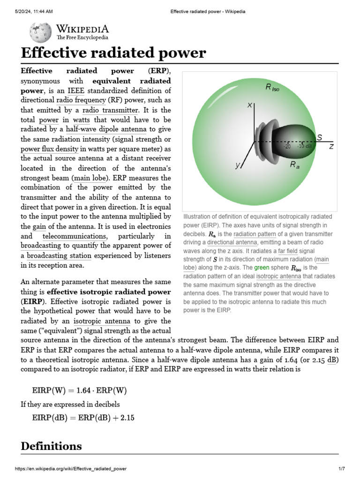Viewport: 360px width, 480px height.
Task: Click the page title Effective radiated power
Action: (x=113, y=53)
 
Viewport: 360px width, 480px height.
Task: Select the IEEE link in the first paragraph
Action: (x=76, y=90)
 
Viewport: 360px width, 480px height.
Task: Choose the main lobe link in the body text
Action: (x=88, y=178)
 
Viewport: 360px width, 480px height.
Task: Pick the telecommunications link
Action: (x=75, y=236)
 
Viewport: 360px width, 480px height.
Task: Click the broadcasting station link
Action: (x=60, y=256)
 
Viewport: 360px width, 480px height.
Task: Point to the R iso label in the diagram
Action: (x=272, y=88)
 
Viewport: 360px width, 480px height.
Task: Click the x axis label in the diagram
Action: (x=250, y=105)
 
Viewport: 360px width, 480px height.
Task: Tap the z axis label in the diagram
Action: (x=331, y=146)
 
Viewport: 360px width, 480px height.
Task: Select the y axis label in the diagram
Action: (x=238, y=165)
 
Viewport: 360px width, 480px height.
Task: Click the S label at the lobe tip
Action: (x=319, y=137)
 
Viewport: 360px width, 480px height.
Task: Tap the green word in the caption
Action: (x=262, y=268)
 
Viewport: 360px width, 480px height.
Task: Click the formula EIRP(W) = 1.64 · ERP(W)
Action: (x=79, y=390)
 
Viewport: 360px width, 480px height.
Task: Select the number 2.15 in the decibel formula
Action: (x=127, y=418)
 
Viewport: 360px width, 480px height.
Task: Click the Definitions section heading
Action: (x=51, y=446)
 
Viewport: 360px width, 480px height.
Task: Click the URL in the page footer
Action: (x=71, y=469)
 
